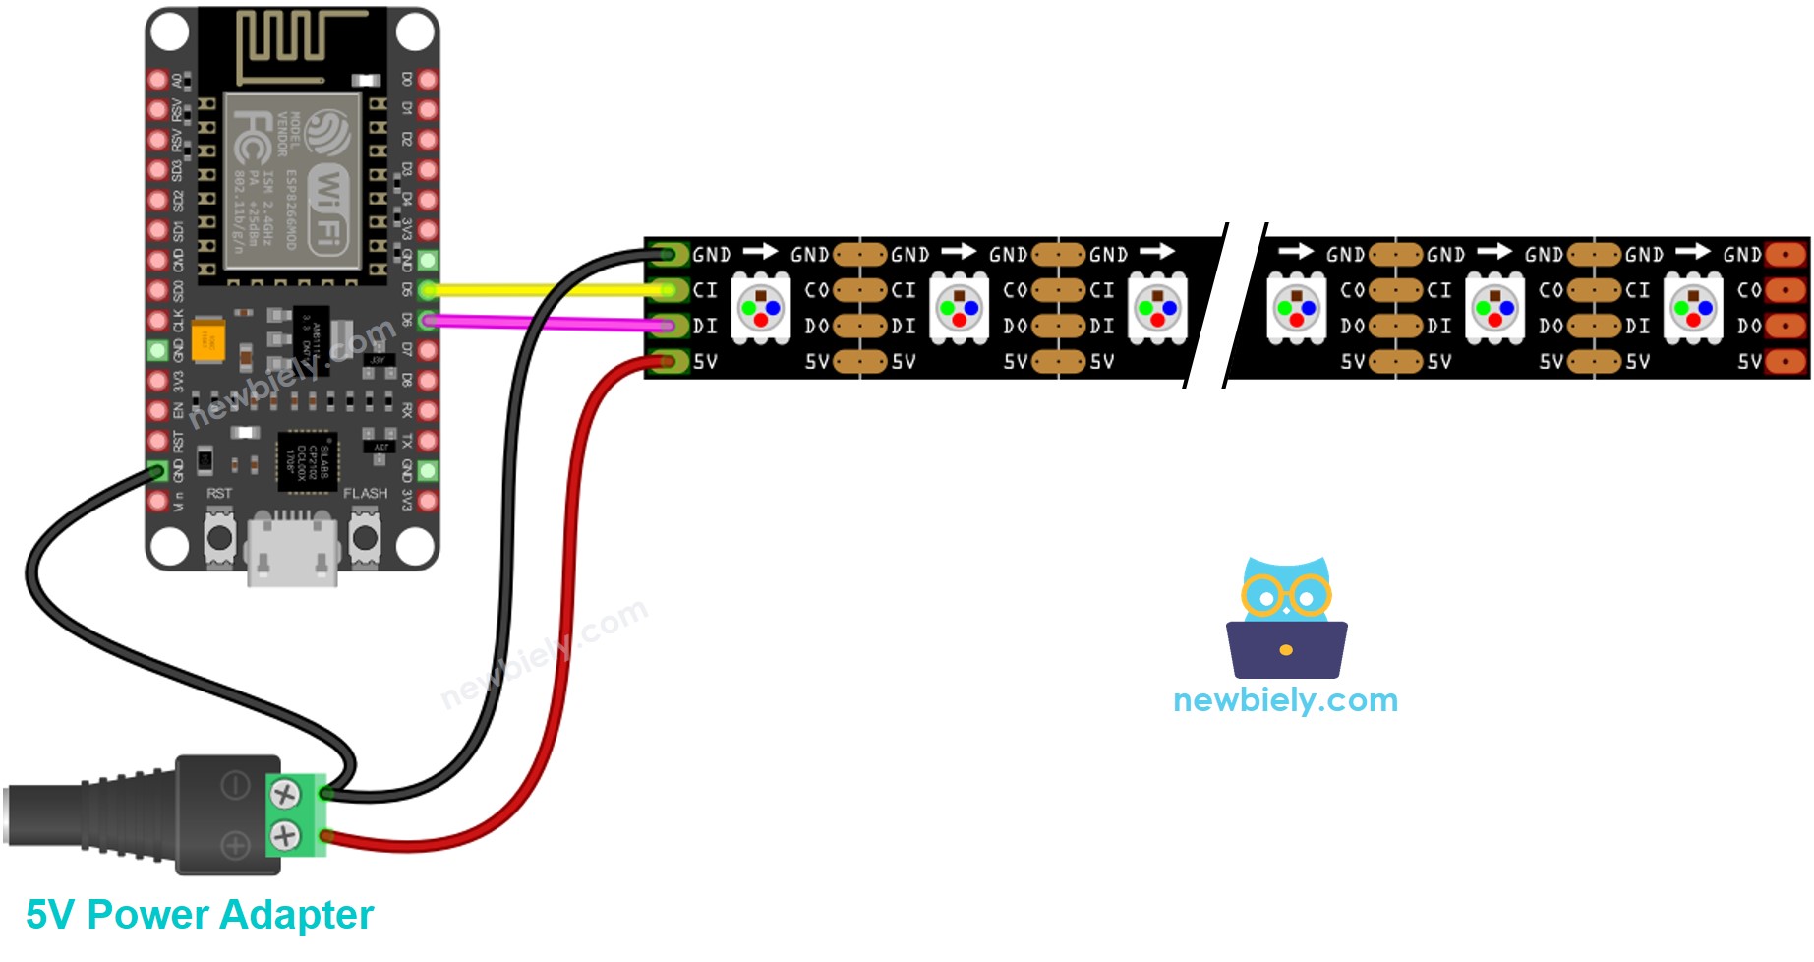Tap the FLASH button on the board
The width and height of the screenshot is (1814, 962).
[366, 538]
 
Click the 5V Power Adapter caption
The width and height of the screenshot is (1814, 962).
[200, 915]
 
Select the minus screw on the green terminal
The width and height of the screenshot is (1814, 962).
[285, 793]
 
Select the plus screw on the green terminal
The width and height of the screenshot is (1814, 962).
[285, 836]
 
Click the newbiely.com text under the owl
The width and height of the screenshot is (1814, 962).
[1285, 700]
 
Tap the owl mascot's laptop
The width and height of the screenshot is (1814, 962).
[1286, 649]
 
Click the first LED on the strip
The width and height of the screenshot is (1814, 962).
[760, 308]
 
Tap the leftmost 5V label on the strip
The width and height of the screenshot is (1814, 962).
[705, 362]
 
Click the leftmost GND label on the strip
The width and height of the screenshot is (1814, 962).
[712, 255]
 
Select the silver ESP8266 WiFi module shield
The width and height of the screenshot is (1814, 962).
[292, 181]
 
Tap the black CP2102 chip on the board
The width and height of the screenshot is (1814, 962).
[308, 460]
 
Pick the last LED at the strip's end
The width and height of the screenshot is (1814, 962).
[1693, 308]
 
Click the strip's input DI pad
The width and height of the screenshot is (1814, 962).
[670, 326]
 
